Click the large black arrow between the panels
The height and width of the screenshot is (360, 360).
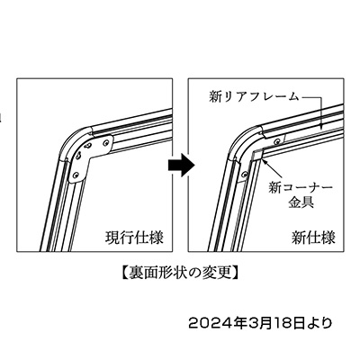click(181, 165)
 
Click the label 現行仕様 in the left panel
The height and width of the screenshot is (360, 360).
click(134, 238)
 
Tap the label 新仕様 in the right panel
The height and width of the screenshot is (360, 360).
click(313, 238)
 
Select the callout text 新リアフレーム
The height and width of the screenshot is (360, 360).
click(254, 97)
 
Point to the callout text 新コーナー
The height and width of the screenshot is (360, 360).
click(301, 188)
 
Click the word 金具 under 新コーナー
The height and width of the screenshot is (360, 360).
click(301, 202)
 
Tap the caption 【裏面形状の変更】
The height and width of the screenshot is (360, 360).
click(181, 273)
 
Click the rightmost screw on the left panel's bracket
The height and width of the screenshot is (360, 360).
click(105, 143)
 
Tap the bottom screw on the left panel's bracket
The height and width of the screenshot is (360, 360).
click(76, 175)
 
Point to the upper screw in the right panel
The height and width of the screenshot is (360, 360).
click(278, 140)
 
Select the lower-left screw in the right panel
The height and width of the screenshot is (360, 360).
click(246, 174)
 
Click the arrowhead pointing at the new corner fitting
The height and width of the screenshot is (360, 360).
click(265, 163)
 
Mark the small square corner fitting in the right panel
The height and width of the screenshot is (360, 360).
click(257, 155)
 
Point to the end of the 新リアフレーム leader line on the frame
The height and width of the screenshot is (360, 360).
click(321, 127)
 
